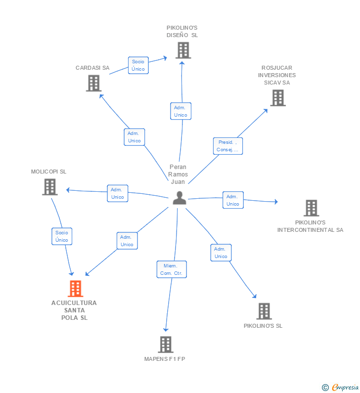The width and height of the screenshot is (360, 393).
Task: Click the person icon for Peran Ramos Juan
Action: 180,198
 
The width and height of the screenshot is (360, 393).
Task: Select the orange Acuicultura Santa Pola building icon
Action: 75,288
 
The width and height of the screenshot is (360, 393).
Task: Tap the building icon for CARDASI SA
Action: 93,83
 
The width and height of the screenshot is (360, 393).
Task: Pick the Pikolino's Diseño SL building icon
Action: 183,50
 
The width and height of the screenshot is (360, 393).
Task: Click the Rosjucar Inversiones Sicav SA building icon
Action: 278,98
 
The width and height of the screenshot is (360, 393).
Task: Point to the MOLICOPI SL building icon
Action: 49,187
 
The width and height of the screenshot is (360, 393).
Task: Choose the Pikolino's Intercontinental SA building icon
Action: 311,208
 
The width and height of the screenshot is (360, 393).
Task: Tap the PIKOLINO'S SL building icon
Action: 264,311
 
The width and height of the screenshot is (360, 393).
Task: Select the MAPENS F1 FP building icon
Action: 166,344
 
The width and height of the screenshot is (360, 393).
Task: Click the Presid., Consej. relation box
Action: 228,146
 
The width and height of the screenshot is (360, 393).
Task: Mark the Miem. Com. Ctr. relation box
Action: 172,269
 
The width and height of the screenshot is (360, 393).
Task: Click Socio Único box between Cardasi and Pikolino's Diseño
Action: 138,65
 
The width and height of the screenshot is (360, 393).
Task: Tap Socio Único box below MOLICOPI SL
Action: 62,236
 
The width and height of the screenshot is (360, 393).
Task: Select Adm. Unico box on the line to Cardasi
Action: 135,137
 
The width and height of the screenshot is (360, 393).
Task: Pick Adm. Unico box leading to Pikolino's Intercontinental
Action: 233,200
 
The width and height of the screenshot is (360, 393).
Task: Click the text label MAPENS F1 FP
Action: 165,359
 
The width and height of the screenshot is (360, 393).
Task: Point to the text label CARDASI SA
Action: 92,68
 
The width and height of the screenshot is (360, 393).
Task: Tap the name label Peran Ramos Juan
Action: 178,174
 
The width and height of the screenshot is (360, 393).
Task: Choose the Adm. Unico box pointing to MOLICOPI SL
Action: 118,193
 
